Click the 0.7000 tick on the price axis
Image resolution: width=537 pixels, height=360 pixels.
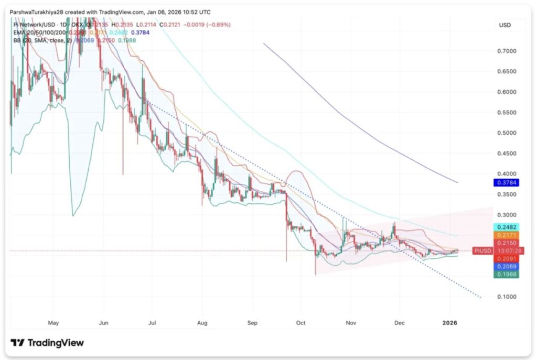pyautogui.click(x=506, y=51)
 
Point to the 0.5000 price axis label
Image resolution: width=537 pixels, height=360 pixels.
pyautogui.click(x=506, y=133)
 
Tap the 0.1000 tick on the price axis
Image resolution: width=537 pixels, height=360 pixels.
pyautogui.click(x=506, y=297)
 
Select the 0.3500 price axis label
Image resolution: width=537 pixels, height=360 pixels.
pyautogui.click(x=506, y=194)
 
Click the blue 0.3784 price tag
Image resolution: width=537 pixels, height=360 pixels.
pyautogui.click(x=506, y=183)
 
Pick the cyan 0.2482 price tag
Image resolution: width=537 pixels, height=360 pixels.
pyautogui.click(x=506, y=227)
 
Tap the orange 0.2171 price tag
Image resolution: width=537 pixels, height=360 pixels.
pyautogui.click(x=506, y=235)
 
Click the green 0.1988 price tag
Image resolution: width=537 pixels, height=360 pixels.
pyautogui.click(x=506, y=275)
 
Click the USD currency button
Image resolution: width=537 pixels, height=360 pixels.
pyautogui.click(x=505, y=25)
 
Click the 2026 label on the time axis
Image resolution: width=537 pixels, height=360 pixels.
pyautogui.click(x=450, y=323)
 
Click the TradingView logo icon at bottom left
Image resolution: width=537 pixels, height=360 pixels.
pyautogui.click(x=18, y=343)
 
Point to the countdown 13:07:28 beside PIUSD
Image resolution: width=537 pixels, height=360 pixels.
pyautogui.click(x=506, y=251)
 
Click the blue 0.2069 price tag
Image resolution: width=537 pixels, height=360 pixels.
pyautogui.click(x=506, y=267)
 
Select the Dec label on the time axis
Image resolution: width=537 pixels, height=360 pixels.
pyautogui.click(x=400, y=323)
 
